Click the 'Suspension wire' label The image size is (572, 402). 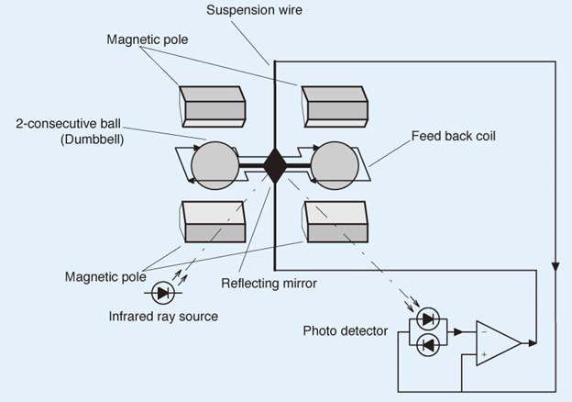coord(254,10)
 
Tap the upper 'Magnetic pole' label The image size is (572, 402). coord(148,39)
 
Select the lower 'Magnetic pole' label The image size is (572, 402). coord(105,277)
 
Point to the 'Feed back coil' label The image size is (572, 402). coord(454,136)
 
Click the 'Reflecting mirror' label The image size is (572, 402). coord(269,284)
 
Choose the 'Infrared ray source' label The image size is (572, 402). coord(163,317)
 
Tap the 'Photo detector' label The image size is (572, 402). coord(345,330)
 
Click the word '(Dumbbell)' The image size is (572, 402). coord(92,140)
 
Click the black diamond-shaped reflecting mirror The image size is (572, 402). coord(275,166)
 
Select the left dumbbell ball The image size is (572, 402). coord(214,165)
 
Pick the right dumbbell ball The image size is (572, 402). coord(335,165)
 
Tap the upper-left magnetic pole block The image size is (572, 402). coord(212,106)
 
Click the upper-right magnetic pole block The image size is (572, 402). coord(335,106)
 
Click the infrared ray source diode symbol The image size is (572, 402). coord(162,293)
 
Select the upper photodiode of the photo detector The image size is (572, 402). coord(428,319)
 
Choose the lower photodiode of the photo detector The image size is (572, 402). coord(428,345)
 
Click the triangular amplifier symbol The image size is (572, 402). coord(499,343)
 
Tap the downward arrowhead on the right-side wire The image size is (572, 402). coord(555,266)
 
